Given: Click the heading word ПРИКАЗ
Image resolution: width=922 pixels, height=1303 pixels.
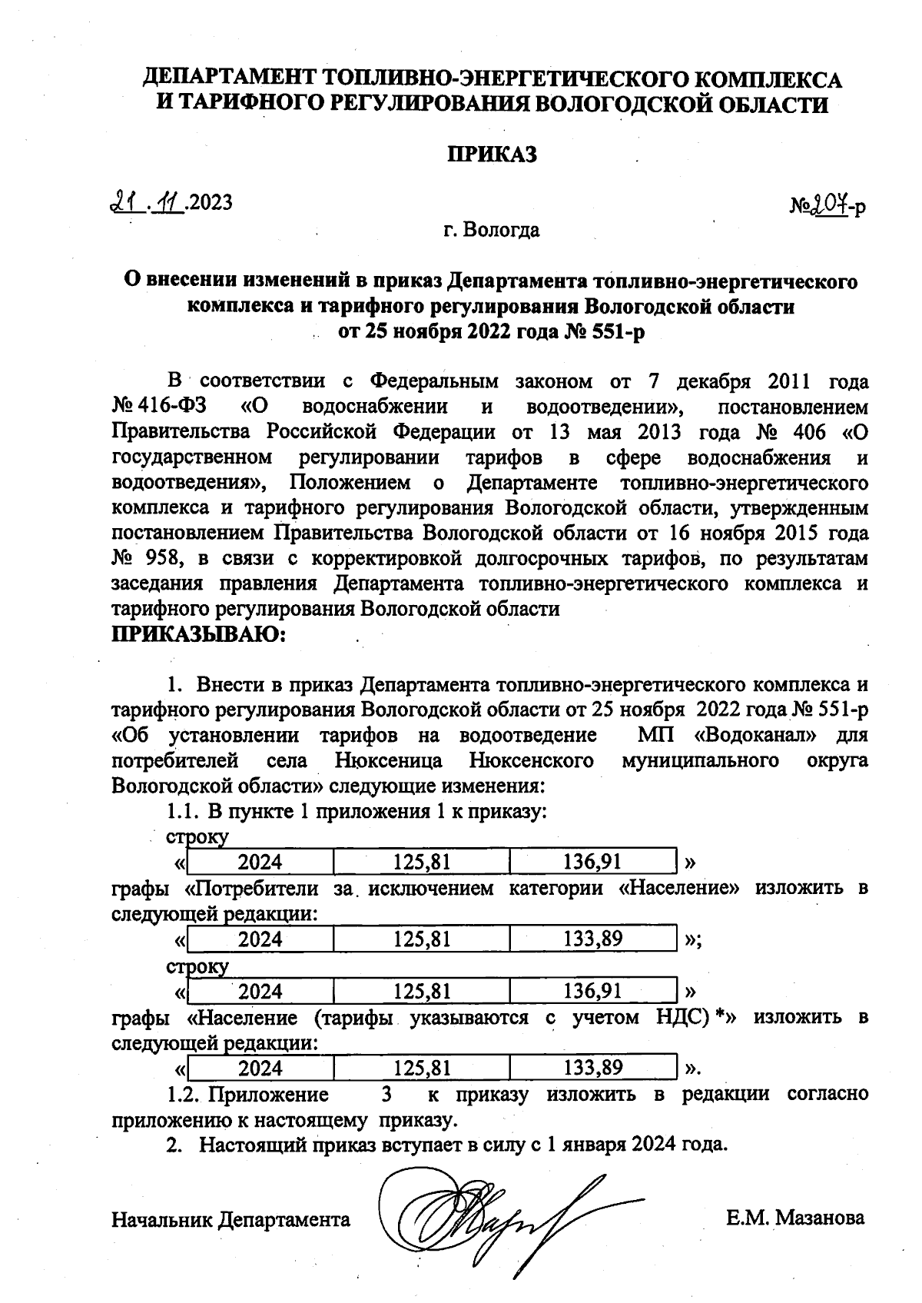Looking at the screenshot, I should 492,155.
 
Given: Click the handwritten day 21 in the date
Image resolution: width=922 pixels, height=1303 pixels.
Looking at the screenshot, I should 123,202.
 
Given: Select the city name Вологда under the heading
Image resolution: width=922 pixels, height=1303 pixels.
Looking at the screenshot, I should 502,230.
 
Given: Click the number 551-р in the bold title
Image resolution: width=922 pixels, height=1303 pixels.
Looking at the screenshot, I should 615,332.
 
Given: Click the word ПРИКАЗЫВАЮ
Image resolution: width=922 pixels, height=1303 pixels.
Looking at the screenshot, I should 198,635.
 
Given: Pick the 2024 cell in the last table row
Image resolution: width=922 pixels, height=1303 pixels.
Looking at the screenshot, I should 260,1068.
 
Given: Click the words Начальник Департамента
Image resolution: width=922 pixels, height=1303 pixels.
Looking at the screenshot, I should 230,1219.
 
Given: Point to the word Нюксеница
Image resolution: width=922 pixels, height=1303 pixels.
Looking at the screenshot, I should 389,760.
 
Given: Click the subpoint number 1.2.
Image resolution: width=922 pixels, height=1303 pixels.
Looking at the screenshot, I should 184,1094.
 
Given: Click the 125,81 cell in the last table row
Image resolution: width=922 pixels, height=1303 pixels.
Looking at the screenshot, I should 421,1068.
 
